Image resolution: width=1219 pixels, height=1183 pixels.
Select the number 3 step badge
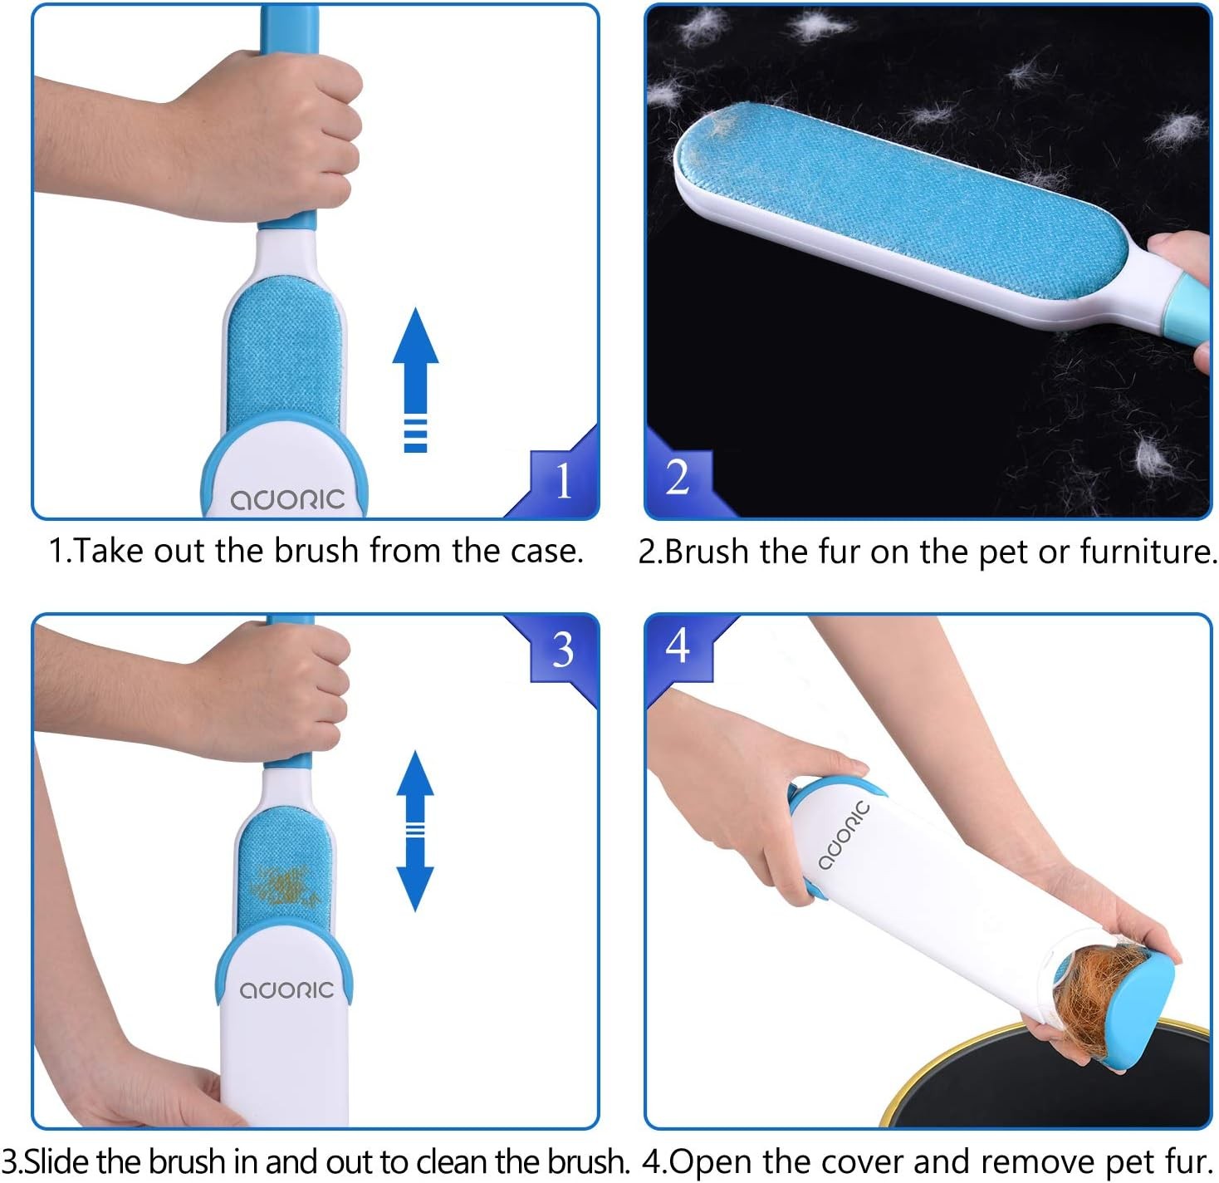[x=563, y=649]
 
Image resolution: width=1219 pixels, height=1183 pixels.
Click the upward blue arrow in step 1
[x=415, y=380]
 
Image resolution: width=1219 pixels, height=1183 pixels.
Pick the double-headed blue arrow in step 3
[x=415, y=830]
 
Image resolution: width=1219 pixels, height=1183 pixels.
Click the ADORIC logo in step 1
[x=287, y=499]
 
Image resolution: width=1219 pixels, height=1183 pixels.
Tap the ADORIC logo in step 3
[x=287, y=990]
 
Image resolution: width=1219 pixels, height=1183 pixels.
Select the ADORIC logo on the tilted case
[x=844, y=836]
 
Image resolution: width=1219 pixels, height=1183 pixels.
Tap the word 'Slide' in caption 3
[x=57, y=1161]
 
